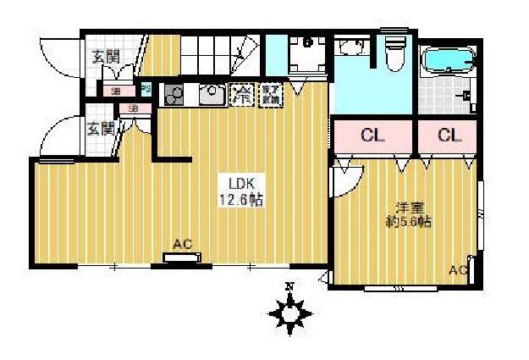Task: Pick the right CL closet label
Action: [449, 135]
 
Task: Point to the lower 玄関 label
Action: [101, 129]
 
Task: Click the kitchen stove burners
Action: [174, 95]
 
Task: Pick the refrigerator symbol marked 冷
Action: [243, 93]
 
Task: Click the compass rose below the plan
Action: [289, 314]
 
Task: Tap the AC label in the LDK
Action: [182, 245]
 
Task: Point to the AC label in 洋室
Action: [458, 270]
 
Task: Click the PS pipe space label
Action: [146, 88]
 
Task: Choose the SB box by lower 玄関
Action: [135, 108]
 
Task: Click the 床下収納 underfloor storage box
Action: [269, 93]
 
